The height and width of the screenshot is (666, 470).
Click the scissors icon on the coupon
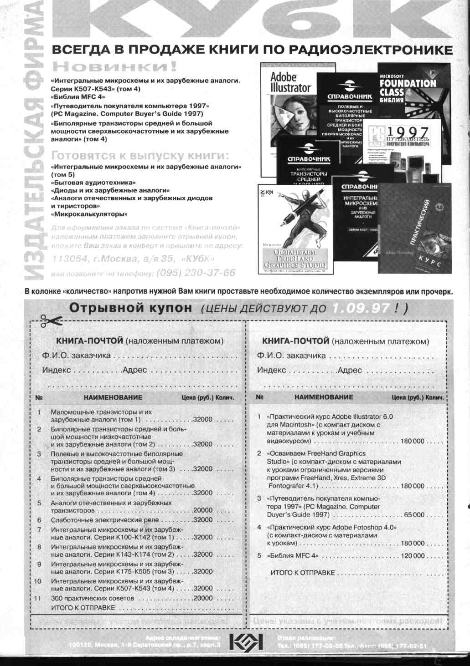click(x=51, y=321)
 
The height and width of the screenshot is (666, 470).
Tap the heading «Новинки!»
click(x=114, y=67)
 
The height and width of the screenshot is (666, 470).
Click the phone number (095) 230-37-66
click(x=196, y=273)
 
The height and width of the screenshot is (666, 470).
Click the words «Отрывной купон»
click(x=130, y=308)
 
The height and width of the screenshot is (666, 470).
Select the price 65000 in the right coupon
click(x=414, y=515)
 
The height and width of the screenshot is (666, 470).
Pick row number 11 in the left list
click(x=37, y=598)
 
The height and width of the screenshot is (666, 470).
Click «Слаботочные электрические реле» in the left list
click(x=105, y=520)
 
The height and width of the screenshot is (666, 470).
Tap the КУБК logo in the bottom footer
click(x=246, y=642)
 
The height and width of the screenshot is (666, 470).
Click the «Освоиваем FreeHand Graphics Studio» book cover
click(x=295, y=229)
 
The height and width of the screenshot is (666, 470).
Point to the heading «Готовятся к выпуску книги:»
click(x=141, y=156)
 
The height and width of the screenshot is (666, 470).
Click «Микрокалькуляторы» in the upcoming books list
click(x=89, y=214)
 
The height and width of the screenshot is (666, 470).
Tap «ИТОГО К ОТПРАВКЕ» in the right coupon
click(x=303, y=573)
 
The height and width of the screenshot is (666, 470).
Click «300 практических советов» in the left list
click(x=93, y=598)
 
